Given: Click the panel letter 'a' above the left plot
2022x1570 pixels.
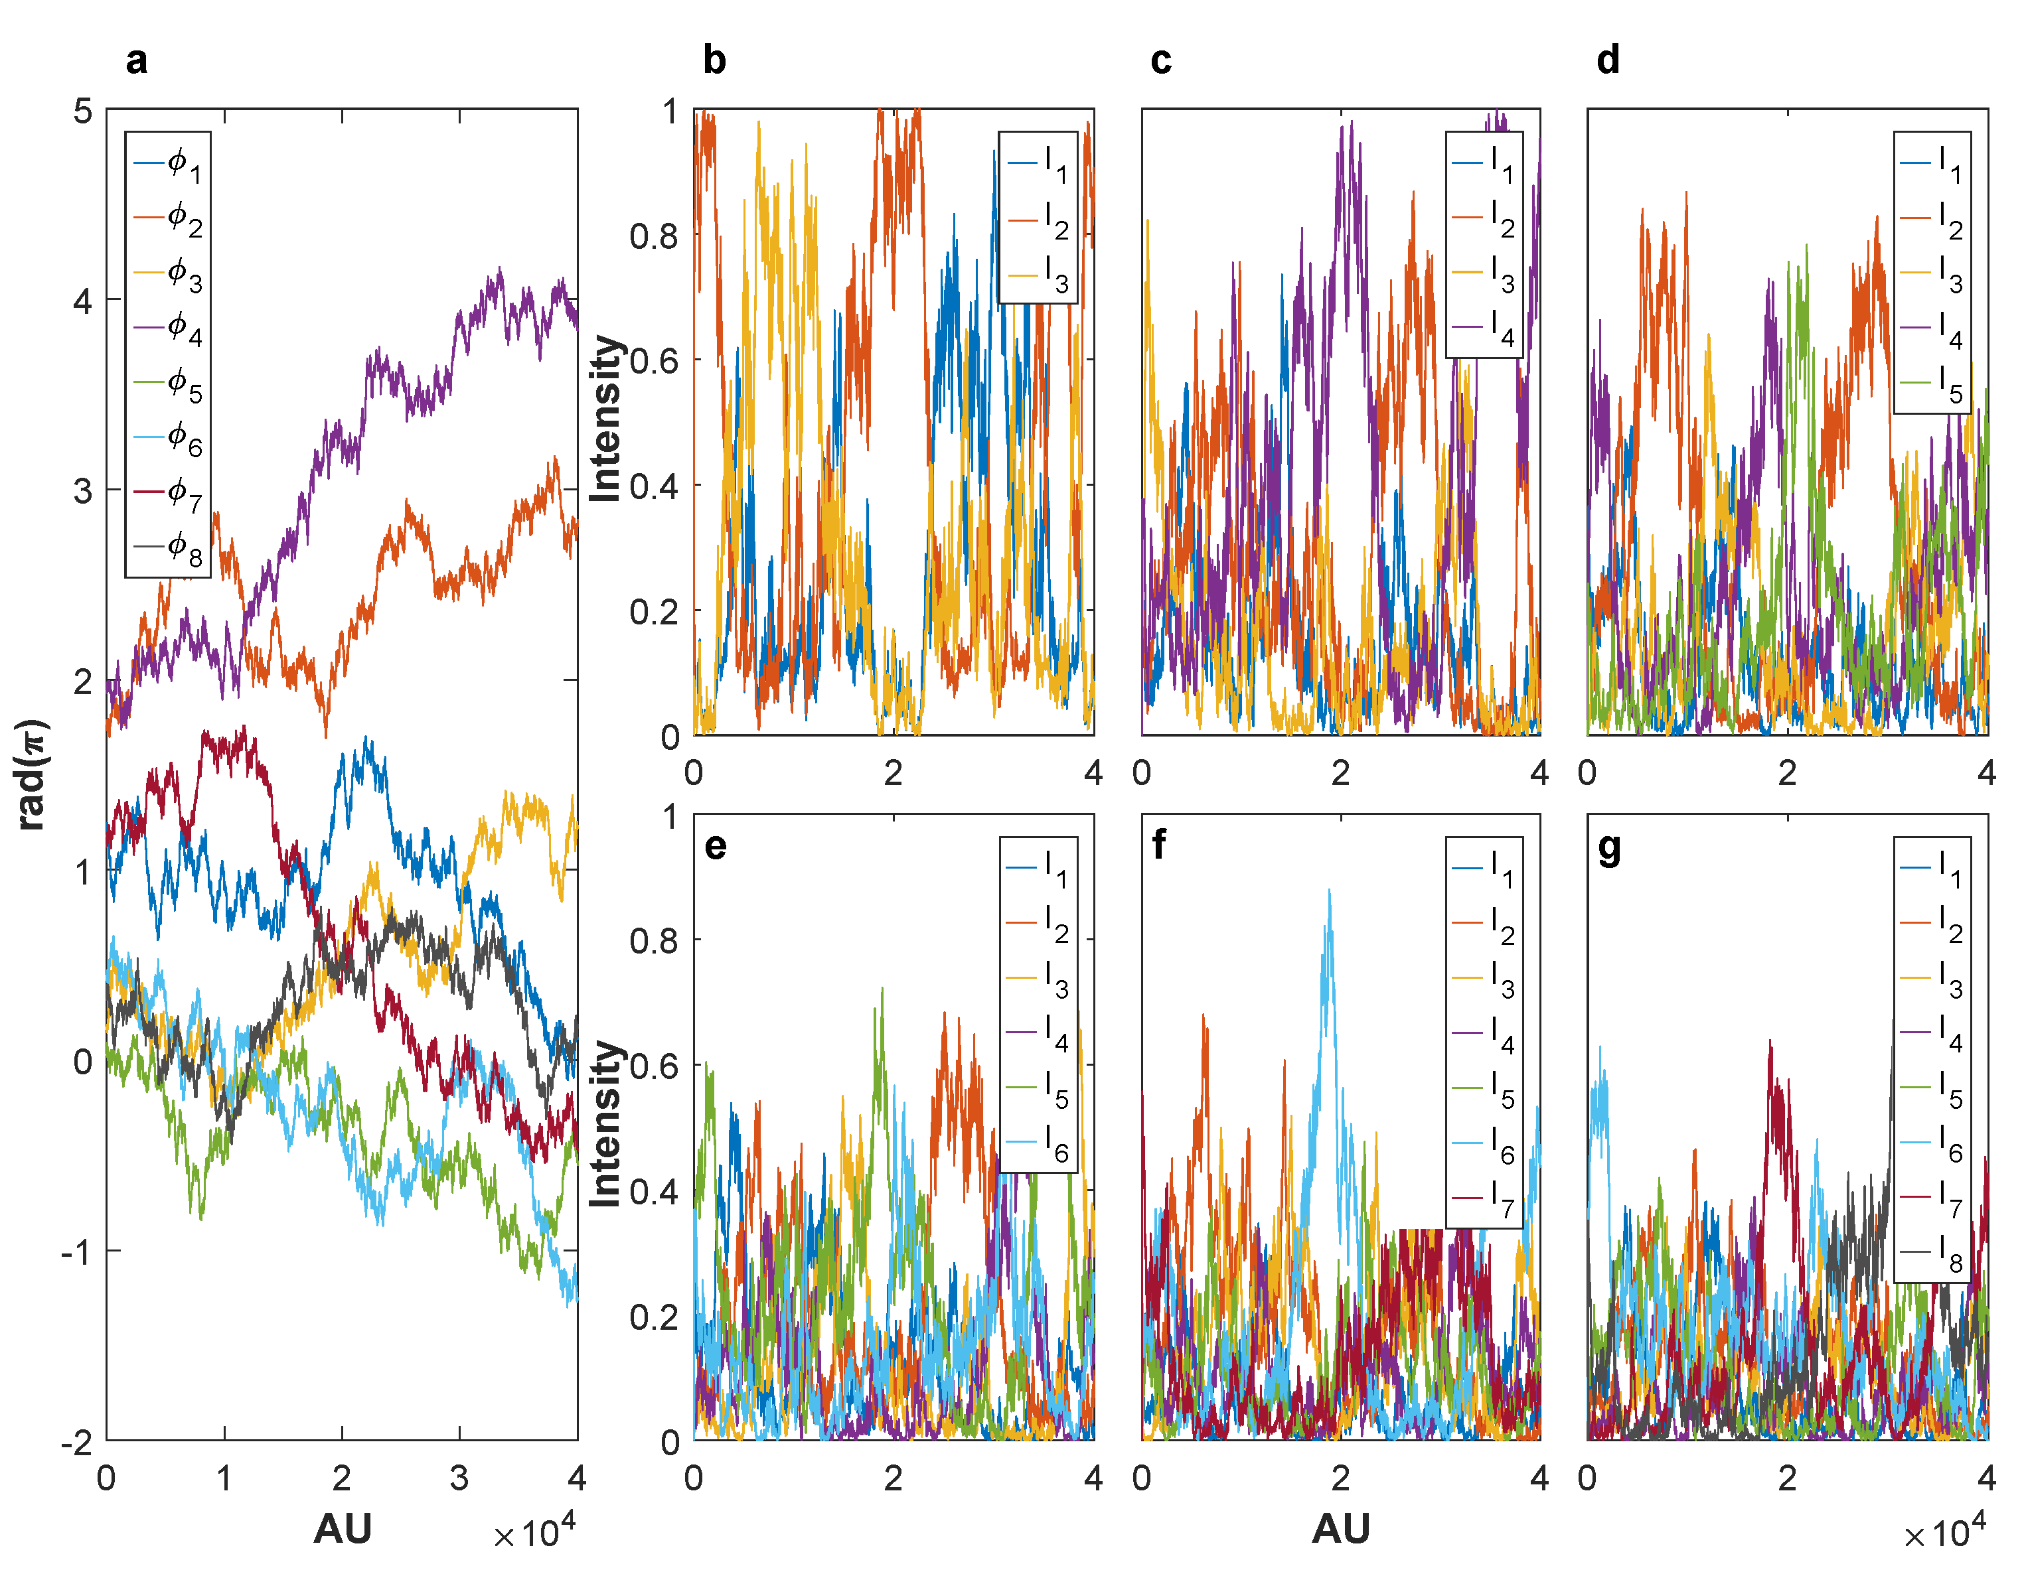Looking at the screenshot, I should [136, 60].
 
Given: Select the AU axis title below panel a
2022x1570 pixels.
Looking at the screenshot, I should [342, 1528].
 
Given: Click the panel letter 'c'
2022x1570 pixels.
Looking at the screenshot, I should [1161, 60].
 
